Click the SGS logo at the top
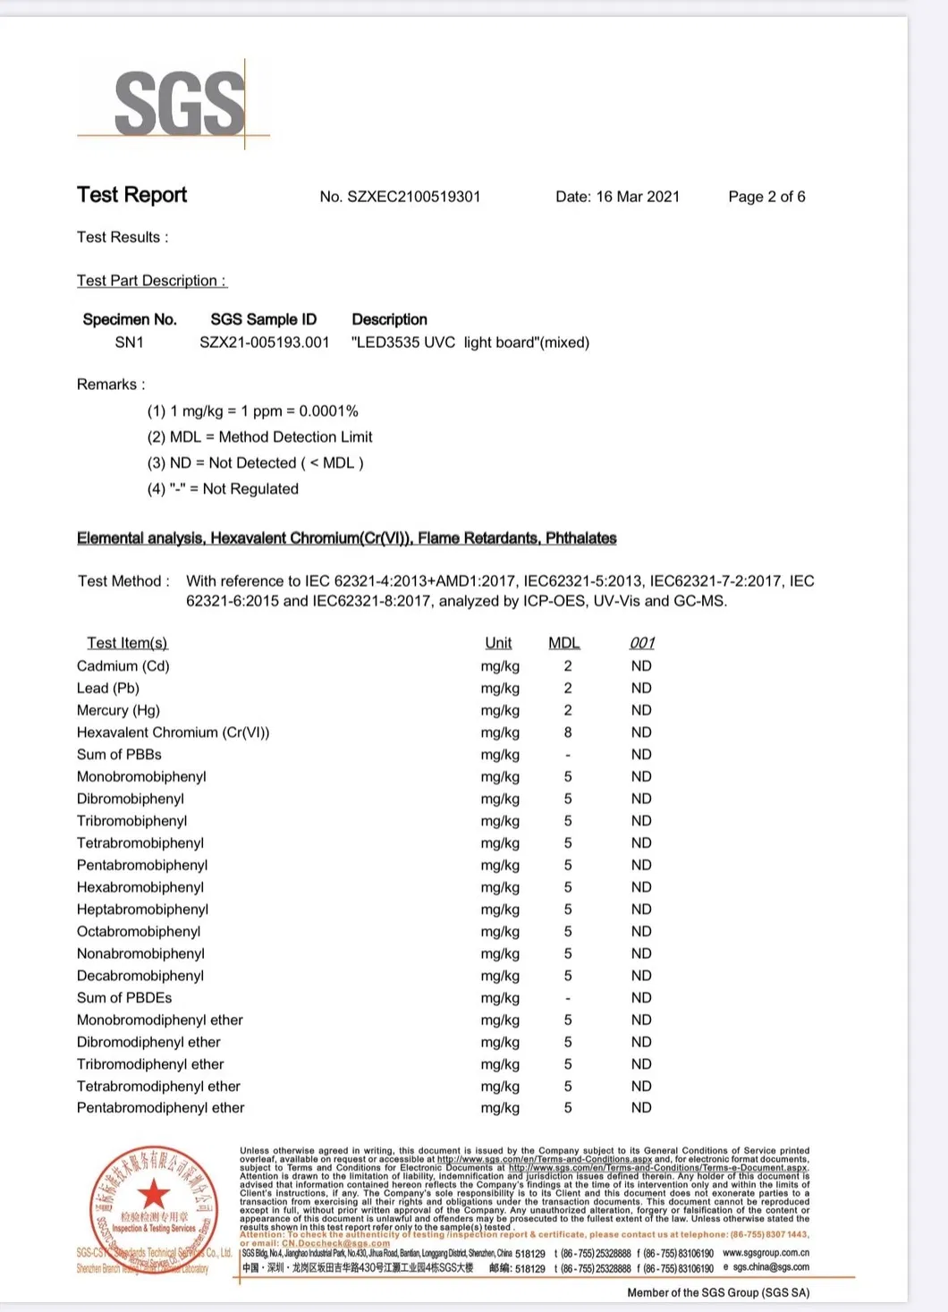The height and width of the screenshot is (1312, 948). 180,104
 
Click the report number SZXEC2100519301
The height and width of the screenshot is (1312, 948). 400,197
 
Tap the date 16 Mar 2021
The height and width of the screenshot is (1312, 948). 617,197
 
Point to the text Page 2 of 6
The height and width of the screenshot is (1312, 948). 766,197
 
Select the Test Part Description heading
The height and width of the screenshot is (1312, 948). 151,281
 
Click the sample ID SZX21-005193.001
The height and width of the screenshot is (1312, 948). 264,343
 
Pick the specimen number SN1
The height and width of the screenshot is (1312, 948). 129,343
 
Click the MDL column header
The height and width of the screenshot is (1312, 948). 564,643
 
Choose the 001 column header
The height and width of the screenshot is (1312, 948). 642,643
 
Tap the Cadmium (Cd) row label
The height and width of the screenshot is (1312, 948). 123,666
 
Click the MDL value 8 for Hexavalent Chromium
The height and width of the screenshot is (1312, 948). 568,732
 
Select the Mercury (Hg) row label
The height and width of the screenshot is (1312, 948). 118,710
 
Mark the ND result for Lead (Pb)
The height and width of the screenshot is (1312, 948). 641,689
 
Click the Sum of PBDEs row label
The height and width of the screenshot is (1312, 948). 124,998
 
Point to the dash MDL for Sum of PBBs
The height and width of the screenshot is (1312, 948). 568,755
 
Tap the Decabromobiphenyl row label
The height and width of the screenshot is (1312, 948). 140,976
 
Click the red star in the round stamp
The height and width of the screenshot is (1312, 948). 154,1193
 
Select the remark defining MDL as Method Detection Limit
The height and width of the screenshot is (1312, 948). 259,437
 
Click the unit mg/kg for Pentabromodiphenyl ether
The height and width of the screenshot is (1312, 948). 500,1108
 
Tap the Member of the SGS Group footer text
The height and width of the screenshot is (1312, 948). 718,1292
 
